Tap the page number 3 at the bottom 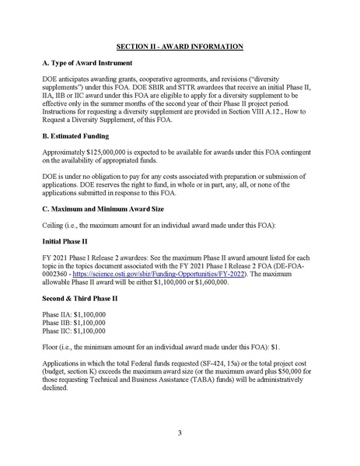click(179, 433)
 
